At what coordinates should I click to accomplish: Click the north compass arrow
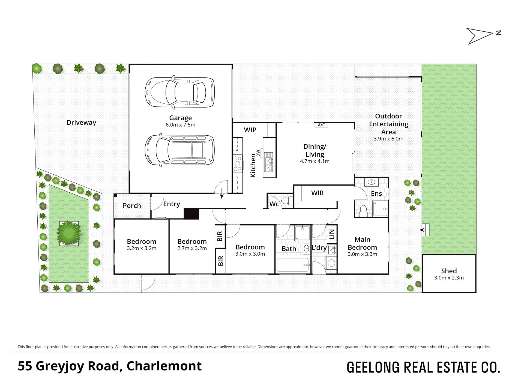pyautogui.click(x=480, y=36)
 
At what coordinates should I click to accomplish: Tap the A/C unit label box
pyautogui.click(x=321, y=125)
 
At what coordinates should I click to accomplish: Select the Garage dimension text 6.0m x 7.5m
pyautogui.click(x=181, y=125)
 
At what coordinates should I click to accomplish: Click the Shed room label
pyautogui.click(x=449, y=271)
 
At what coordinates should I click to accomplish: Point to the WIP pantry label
pyautogui.click(x=250, y=130)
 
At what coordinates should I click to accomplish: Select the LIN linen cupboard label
pyautogui.click(x=332, y=234)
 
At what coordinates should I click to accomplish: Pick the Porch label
pyautogui.click(x=132, y=206)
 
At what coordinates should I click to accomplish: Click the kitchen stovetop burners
pyautogui.click(x=237, y=163)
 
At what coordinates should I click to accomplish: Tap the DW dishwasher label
pyautogui.click(x=258, y=153)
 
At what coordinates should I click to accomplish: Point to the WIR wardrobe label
pyautogui.click(x=318, y=193)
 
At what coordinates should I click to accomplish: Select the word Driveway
pyautogui.click(x=81, y=123)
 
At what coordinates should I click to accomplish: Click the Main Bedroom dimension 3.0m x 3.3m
pyautogui.click(x=362, y=254)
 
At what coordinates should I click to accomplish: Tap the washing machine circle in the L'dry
pyautogui.click(x=331, y=263)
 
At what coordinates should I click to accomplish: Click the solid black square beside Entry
pyautogui.click(x=191, y=214)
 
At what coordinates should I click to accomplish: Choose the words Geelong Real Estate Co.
pyautogui.click(x=423, y=367)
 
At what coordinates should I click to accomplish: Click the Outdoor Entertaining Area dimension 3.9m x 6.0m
pyautogui.click(x=388, y=139)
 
